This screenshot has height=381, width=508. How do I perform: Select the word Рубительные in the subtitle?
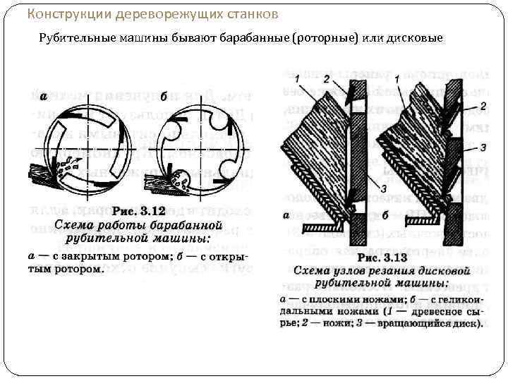point(73,37)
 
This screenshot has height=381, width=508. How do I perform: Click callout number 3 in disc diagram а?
point(382,188)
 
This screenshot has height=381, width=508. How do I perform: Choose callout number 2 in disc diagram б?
point(483,107)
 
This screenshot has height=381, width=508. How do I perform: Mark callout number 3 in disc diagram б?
point(483,147)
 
